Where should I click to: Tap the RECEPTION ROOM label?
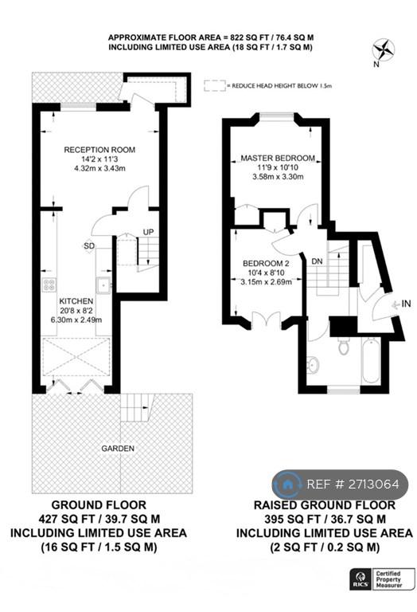(99, 150)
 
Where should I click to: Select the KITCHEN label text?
(76, 301)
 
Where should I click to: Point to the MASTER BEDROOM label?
(278, 158)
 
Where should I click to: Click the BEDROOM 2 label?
(266, 264)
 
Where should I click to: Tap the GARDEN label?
(118, 449)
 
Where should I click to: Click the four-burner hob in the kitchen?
(49, 284)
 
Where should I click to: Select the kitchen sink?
(103, 284)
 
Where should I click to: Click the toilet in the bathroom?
(343, 346)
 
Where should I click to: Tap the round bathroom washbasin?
(313, 363)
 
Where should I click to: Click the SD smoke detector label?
(89, 246)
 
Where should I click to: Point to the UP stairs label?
(148, 232)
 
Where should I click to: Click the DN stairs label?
(318, 261)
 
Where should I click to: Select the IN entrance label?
(406, 304)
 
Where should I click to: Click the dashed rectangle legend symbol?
(215, 85)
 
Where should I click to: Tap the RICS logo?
(360, 579)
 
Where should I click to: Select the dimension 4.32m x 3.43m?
(99, 169)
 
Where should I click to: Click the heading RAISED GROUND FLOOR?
(325, 505)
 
